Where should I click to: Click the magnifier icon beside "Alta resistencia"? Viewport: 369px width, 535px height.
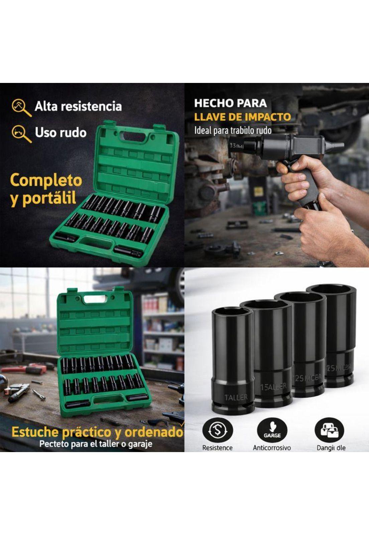[x=21, y=107]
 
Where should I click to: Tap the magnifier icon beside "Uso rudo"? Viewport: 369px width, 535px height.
[x=21, y=133]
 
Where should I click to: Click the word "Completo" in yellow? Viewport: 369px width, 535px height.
[x=46, y=181]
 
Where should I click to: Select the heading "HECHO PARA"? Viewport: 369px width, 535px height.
[x=230, y=103]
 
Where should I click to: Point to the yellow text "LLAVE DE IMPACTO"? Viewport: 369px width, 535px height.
[x=242, y=117]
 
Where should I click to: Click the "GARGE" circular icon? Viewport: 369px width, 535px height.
[x=272, y=430]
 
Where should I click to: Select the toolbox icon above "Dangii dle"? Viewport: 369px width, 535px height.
[x=330, y=430]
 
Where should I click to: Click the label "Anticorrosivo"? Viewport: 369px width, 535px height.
[x=272, y=448]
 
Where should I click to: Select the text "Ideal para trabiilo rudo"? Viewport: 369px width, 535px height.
[x=233, y=130]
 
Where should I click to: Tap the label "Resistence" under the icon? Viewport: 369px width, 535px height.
[x=217, y=448]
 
